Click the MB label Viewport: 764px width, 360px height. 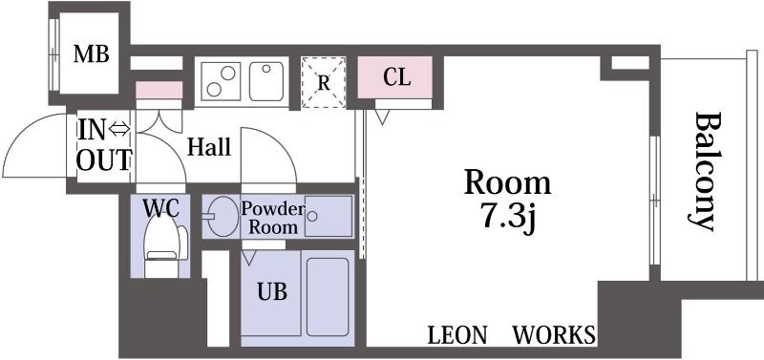coord(91,54)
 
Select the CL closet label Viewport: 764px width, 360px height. coord(396,77)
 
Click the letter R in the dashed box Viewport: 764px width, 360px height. coord(324,83)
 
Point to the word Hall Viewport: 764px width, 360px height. coord(209,147)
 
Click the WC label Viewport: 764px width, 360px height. coord(160,208)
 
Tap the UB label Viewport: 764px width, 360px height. coord(272,292)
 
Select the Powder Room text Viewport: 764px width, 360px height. coord(272,219)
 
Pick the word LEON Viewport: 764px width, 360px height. coord(457,335)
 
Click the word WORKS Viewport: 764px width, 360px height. coord(555,335)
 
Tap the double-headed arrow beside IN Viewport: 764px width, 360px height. coord(119,129)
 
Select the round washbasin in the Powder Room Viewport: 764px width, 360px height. coord(223,217)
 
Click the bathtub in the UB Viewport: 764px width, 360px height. coord(328,297)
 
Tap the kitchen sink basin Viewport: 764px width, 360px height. coord(267,81)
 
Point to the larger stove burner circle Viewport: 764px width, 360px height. coord(227,74)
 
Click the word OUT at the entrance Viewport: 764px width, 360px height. coord(104,160)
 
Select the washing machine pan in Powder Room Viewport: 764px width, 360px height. coord(329,216)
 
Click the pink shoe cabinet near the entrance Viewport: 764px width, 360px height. coord(159,90)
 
